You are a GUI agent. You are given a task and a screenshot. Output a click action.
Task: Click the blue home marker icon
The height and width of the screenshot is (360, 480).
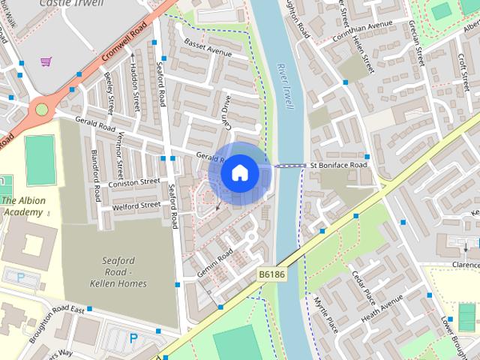point(239,173)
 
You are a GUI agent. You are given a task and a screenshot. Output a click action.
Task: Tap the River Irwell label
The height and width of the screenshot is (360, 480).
point(286,86)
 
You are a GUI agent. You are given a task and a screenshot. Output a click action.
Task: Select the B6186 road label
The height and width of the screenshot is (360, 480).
point(273,275)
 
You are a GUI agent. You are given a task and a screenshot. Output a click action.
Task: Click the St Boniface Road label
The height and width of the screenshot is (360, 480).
point(338,165)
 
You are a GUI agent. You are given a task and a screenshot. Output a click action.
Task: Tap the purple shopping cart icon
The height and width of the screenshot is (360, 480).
point(46,61)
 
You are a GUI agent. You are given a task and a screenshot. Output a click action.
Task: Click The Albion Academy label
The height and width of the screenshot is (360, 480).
point(23,206)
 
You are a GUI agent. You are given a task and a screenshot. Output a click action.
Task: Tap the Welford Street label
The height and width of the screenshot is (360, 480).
point(136,205)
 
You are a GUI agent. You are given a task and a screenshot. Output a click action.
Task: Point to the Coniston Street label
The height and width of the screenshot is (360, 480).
point(134,181)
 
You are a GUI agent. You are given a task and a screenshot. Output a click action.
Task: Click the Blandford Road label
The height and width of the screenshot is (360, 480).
point(95,175)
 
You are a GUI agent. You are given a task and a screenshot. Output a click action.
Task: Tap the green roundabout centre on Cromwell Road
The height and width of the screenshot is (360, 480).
point(41,109)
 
